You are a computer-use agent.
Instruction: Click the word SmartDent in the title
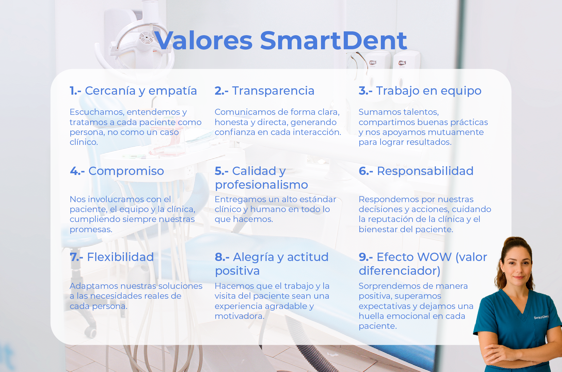click(333, 41)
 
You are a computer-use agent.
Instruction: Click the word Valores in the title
click(203, 41)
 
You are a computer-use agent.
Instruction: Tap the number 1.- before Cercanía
click(75, 91)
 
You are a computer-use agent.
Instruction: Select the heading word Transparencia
click(273, 91)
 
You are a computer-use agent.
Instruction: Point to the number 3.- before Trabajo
click(365, 91)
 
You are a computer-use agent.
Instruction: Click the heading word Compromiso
click(126, 171)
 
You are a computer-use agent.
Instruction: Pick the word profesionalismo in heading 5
click(261, 185)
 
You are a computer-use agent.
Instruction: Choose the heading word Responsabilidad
click(425, 171)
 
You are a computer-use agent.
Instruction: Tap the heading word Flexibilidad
click(120, 257)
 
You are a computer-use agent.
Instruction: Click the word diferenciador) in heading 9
click(399, 271)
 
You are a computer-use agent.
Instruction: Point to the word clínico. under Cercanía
click(84, 142)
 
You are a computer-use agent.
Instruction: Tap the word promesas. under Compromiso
click(91, 229)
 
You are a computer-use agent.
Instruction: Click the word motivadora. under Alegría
click(239, 316)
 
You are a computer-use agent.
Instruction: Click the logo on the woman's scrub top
click(541, 317)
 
